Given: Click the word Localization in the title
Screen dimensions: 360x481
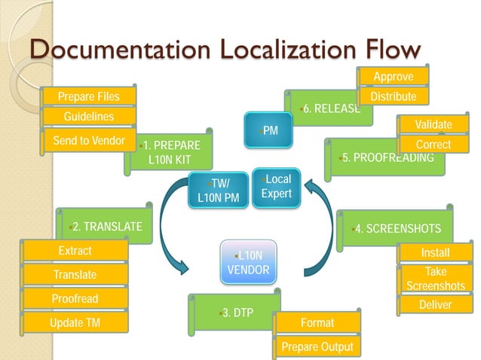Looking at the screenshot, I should click(x=265, y=50).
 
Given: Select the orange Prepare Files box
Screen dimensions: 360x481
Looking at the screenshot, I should click(x=88, y=96).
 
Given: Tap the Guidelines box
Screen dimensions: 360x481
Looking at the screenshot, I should click(x=88, y=117).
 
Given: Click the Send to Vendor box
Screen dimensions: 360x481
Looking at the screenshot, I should click(x=88, y=141).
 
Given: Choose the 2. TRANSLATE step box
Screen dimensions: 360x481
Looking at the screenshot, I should click(x=106, y=227).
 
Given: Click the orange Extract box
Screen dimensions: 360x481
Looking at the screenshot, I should click(x=75, y=251).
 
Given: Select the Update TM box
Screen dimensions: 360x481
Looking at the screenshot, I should click(x=75, y=323).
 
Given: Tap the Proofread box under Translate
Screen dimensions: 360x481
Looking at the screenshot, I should click(x=75, y=299).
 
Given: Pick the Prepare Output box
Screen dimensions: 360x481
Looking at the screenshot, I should click(x=317, y=346).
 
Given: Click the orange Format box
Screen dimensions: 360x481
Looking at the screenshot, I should click(x=317, y=322).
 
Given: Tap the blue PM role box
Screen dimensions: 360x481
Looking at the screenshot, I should click(x=268, y=130).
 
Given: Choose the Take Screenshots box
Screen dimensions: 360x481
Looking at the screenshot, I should click(x=435, y=279).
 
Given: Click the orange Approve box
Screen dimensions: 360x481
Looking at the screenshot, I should click(x=394, y=77).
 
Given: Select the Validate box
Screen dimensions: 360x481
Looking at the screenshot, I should click(x=434, y=124).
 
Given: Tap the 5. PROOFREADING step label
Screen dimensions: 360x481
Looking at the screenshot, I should click(x=386, y=157).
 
